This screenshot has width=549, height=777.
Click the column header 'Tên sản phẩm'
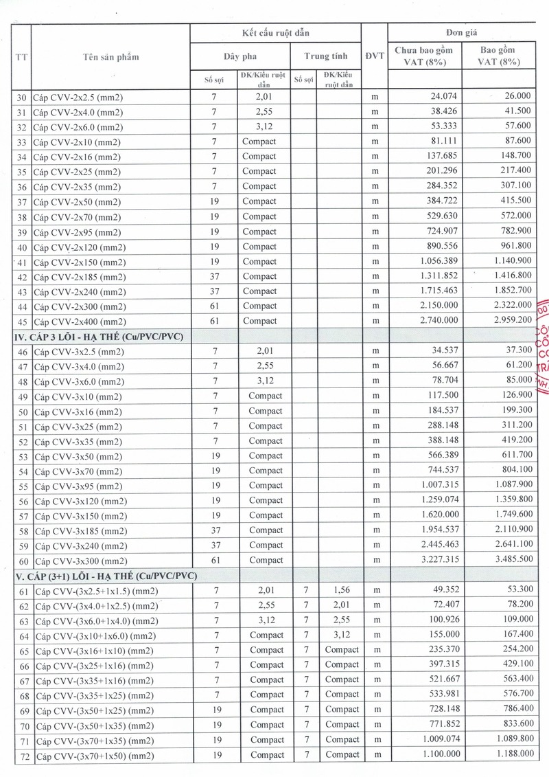click(110, 56)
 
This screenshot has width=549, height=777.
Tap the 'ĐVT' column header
click(375, 56)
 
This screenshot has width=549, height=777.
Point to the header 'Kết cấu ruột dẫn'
click(275, 32)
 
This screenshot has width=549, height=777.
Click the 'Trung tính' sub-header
click(326, 56)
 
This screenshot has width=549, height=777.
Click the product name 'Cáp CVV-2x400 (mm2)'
click(79, 322)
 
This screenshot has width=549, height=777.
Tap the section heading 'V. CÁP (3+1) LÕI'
click(106, 576)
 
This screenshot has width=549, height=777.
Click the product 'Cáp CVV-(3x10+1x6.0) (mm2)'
click(93, 635)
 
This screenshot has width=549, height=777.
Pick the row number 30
click(21, 97)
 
